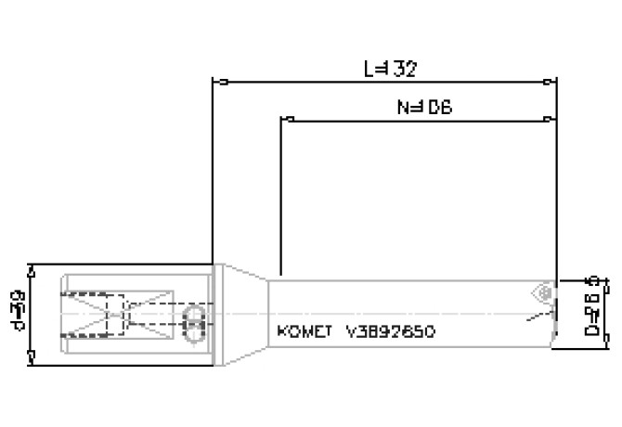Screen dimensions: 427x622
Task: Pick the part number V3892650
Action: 390,331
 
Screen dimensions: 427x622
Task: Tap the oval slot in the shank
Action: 194,325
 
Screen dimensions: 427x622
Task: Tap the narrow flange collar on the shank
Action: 217,314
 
